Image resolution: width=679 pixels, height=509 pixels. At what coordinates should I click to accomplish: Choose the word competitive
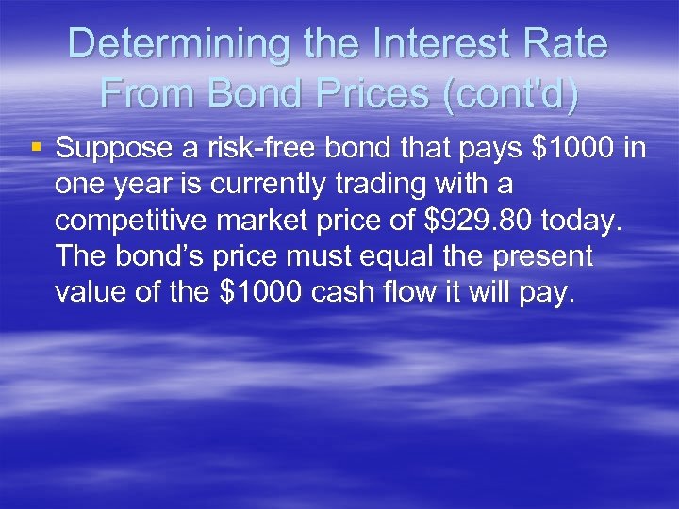(127, 220)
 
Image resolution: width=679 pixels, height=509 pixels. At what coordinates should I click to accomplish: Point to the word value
(89, 292)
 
